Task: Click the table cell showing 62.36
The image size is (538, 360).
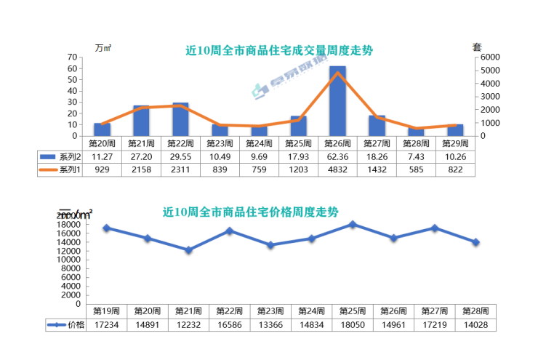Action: tap(337, 156)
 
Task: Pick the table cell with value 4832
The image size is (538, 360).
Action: tap(337, 169)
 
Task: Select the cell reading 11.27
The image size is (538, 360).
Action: tap(102, 156)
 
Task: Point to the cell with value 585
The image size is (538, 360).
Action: tap(416, 169)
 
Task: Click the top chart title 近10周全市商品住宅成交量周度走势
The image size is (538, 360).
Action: tap(279, 51)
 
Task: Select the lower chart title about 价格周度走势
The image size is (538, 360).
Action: tap(251, 212)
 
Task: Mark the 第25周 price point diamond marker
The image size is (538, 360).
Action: tap(353, 225)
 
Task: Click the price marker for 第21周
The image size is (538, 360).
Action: tap(188, 250)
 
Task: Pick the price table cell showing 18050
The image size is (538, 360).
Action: tap(353, 325)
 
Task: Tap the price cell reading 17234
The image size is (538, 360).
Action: tap(106, 325)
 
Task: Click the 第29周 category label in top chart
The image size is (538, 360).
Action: tap(455, 143)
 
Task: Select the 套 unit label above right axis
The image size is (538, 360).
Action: tap(478, 47)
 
